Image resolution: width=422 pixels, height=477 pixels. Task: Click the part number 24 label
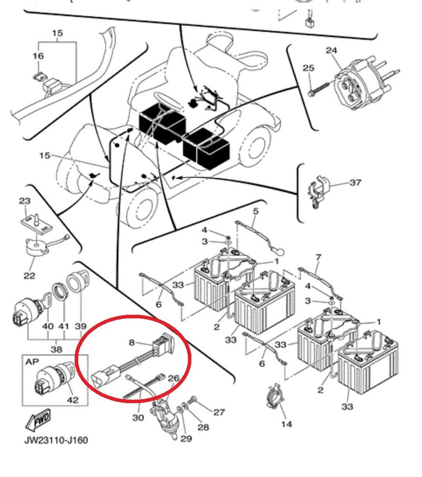click(x=331, y=51)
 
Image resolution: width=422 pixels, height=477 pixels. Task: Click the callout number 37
click(x=356, y=183)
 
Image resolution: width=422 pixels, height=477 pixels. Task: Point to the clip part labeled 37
click(x=319, y=190)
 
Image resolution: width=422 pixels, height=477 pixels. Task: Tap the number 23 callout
click(x=25, y=201)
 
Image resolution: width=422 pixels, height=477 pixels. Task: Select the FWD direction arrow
click(x=39, y=421)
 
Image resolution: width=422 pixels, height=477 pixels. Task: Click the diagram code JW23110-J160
click(x=55, y=440)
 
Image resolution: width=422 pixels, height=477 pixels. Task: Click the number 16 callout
click(x=38, y=56)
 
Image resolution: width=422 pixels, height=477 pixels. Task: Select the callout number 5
click(x=256, y=212)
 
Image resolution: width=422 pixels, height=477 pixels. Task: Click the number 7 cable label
click(x=318, y=257)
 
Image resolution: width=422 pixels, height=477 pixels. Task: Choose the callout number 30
click(x=138, y=418)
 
